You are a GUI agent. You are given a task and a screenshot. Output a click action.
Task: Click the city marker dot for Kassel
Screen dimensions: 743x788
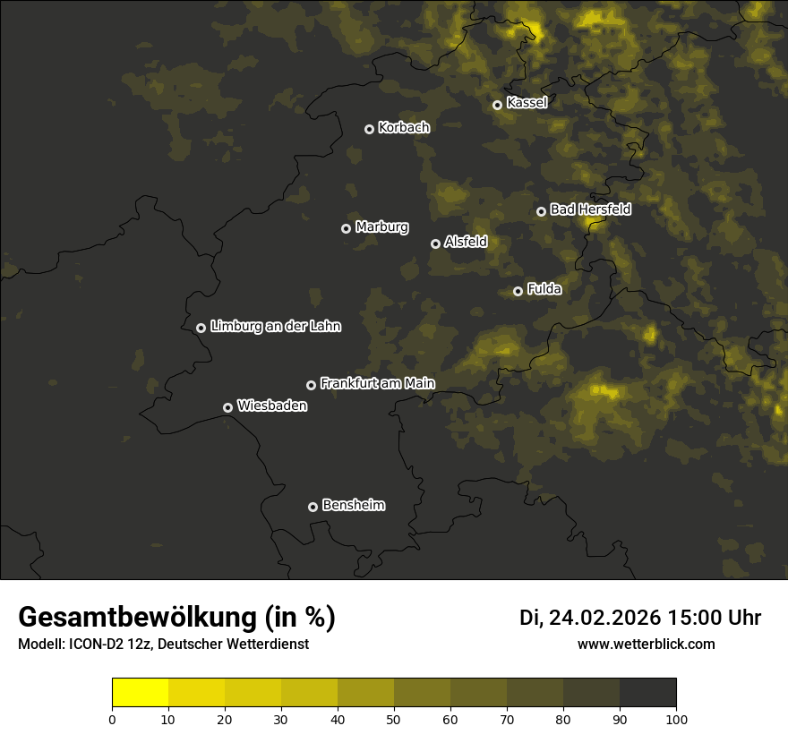tap(497, 105)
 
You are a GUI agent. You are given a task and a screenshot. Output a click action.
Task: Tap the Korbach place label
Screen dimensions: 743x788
tap(404, 128)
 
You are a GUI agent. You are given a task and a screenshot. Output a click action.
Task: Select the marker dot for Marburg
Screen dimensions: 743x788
tap(347, 228)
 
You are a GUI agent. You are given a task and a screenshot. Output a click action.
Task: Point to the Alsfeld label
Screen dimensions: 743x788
tap(466, 242)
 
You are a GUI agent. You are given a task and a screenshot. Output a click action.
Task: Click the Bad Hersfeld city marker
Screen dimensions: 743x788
tap(541, 211)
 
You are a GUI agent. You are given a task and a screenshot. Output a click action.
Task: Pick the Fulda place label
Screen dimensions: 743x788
tap(544, 289)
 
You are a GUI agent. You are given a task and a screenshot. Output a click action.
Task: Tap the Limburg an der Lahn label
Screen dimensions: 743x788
tap(275, 327)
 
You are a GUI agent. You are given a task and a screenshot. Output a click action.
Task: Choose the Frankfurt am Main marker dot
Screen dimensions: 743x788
tap(312, 385)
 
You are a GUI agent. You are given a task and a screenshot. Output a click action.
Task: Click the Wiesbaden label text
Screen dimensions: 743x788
tap(272, 406)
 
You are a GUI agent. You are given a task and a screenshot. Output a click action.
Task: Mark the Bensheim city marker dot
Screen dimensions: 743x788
tap(313, 507)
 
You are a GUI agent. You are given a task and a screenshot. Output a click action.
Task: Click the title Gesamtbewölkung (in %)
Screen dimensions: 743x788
tap(176, 618)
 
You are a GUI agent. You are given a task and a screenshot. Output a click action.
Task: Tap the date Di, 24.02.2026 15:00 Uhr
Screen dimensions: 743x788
tap(640, 618)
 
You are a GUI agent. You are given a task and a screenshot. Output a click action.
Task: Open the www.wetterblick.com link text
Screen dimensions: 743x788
tap(647, 645)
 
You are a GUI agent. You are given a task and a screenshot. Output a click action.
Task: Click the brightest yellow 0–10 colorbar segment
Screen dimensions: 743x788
tap(140, 693)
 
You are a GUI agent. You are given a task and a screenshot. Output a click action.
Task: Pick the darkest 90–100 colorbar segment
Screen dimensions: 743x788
tap(647, 693)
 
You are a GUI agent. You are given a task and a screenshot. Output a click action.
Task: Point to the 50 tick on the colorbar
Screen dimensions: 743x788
tap(394, 719)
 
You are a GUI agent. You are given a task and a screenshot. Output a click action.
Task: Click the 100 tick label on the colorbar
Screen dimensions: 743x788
tap(676, 719)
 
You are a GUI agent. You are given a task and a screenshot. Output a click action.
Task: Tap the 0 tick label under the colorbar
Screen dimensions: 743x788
tap(112, 719)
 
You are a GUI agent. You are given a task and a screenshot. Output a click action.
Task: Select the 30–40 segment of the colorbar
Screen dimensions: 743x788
tap(309, 693)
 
